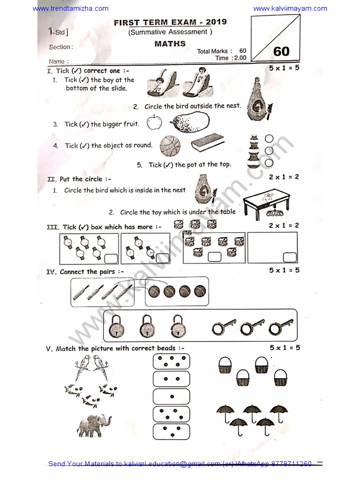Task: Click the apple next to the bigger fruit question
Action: pos(154,123)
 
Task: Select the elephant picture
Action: pos(94,425)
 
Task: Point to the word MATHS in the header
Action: pos(170,44)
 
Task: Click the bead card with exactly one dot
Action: pos(171,397)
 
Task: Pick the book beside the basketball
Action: pos(208,142)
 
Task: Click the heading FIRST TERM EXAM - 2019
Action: pos(170,22)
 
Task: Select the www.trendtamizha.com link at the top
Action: pos(71,8)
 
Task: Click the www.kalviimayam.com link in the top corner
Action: pos(290,8)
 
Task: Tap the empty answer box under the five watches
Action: pos(111,258)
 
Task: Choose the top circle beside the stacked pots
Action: pos(269,139)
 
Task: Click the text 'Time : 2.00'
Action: pos(231,58)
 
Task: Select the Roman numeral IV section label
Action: pos(52,272)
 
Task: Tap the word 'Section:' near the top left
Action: pos(60,47)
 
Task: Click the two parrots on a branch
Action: pos(92,365)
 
